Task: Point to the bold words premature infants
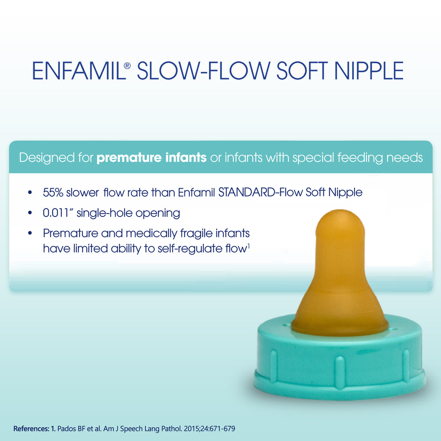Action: pyautogui.click(x=152, y=157)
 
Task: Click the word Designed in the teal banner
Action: pyautogui.click(x=47, y=157)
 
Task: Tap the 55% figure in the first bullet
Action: pyautogui.click(x=53, y=193)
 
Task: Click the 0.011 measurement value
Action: pyautogui.click(x=57, y=213)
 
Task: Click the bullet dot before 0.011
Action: pyautogui.click(x=29, y=213)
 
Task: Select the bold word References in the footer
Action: pyautogui.click(x=31, y=429)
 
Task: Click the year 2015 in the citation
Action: pyautogui.click(x=192, y=429)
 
